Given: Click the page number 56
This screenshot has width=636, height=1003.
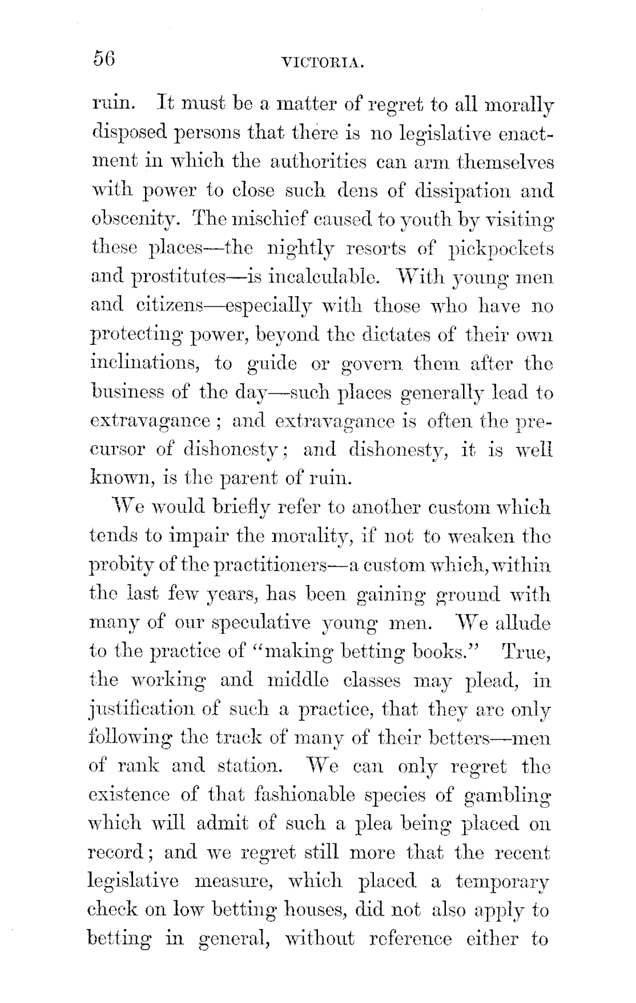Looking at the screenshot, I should click(x=104, y=59).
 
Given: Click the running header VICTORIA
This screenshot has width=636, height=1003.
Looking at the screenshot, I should click(x=323, y=62).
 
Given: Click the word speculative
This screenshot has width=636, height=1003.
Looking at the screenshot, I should click(x=245, y=623).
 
